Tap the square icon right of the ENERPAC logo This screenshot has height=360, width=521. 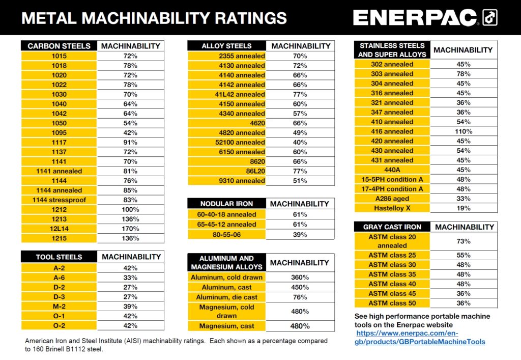[490, 18]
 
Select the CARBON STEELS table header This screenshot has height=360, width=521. [59, 46]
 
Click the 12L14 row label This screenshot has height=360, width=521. [59, 229]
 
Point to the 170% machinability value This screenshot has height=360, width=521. [130, 229]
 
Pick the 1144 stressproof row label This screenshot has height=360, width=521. [59, 200]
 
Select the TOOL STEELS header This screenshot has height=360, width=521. [59, 257]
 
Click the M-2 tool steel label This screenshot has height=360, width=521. [59, 307]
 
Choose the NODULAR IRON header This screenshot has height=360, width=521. [226, 204]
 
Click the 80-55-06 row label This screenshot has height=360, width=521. [226, 235]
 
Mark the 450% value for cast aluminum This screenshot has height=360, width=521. [300, 287]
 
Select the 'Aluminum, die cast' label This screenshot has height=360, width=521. [226, 297]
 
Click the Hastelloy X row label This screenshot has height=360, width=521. [392, 208]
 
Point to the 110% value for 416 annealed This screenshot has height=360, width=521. [464, 131]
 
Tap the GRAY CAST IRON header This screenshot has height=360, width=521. [392, 227]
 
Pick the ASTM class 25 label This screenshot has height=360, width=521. [392, 255]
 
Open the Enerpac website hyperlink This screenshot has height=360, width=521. [420, 337]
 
